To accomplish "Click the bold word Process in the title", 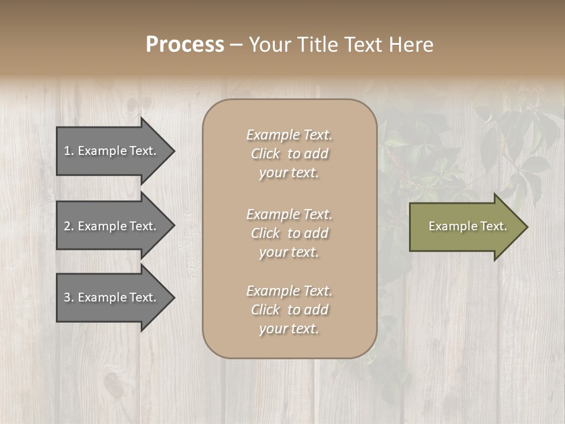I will tap(185, 45).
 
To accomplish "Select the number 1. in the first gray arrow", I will tap(69, 151).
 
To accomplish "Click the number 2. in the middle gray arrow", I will tap(69, 226).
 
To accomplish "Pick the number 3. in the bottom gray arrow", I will tap(69, 297).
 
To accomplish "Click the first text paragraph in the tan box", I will tap(289, 154).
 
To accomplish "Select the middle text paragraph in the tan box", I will tap(289, 233).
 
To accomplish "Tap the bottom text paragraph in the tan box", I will tap(289, 310).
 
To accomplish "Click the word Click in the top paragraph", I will tap(265, 154).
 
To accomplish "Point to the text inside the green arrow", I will tap(467, 226).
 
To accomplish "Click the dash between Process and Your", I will tap(236, 45).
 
